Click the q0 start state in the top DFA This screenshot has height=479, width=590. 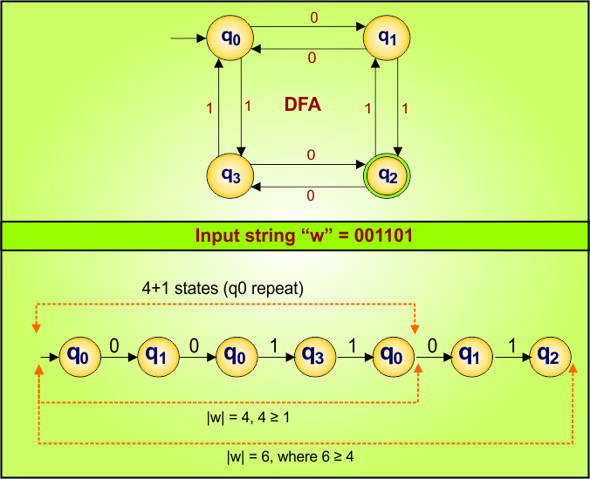[x=228, y=39]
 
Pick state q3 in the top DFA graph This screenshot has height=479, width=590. [x=228, y=175]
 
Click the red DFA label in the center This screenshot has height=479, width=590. [x=304, y=105]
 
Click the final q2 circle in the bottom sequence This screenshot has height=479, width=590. [x=550, y=356]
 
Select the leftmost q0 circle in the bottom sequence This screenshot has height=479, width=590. [x=78, y=356]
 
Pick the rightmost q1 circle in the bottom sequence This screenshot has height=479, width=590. [x=470, y=356]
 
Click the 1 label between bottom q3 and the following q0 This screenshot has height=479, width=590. [x=353, y=345]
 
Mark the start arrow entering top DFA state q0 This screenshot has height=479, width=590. [x=187, y=39]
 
